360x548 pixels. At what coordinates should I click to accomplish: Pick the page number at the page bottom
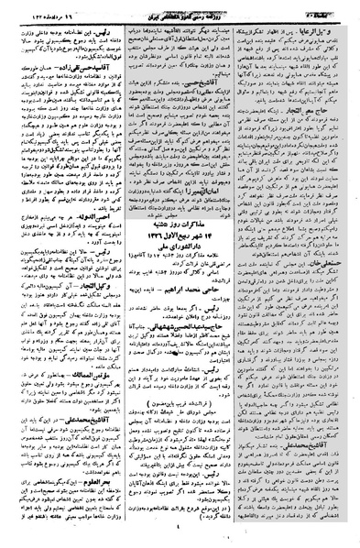pyautogui.click(x=180, y=536)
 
